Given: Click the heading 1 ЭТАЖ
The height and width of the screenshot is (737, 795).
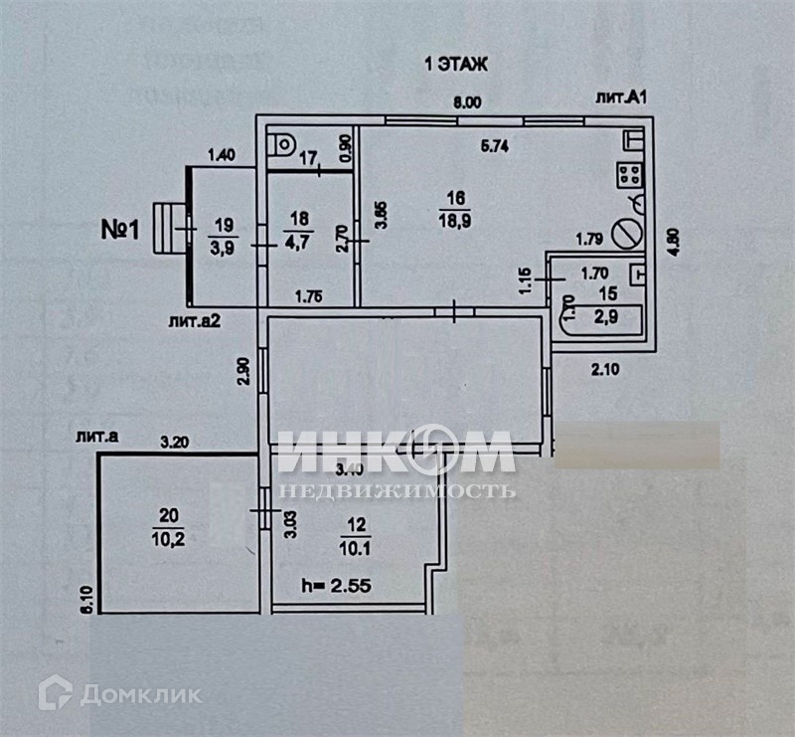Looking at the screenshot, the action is pos(456,65).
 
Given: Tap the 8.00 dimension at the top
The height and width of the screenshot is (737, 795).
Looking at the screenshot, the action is pos(466,101).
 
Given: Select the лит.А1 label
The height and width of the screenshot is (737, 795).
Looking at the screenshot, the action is pos(621,97).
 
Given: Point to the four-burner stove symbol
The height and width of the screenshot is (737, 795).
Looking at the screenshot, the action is pos(630,175).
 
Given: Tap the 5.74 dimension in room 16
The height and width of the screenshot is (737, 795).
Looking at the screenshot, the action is pos(495,145).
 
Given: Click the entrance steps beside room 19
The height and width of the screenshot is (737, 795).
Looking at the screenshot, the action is pos(174,228).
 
